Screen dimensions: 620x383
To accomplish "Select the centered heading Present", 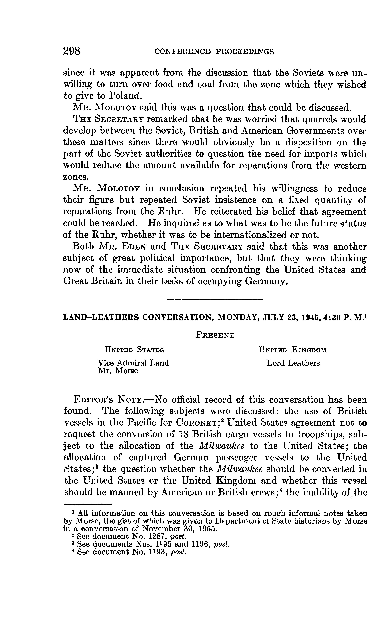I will [x=215, y=335].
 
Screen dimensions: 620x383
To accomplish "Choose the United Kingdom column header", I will [x=293, y=350].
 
